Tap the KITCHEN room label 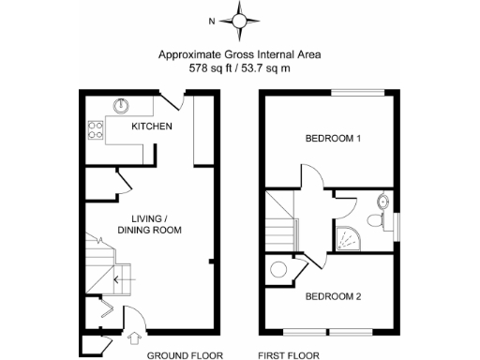[151, 127]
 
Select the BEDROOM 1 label [333, 140]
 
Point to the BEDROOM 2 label [333, 297]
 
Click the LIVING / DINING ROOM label [150, 223]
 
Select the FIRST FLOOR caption [289, 355]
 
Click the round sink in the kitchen [122, 105]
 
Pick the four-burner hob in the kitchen [94, 129]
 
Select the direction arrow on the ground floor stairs [116, 278]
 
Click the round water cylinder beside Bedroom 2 [278, 271]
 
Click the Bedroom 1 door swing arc [312, 175]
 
